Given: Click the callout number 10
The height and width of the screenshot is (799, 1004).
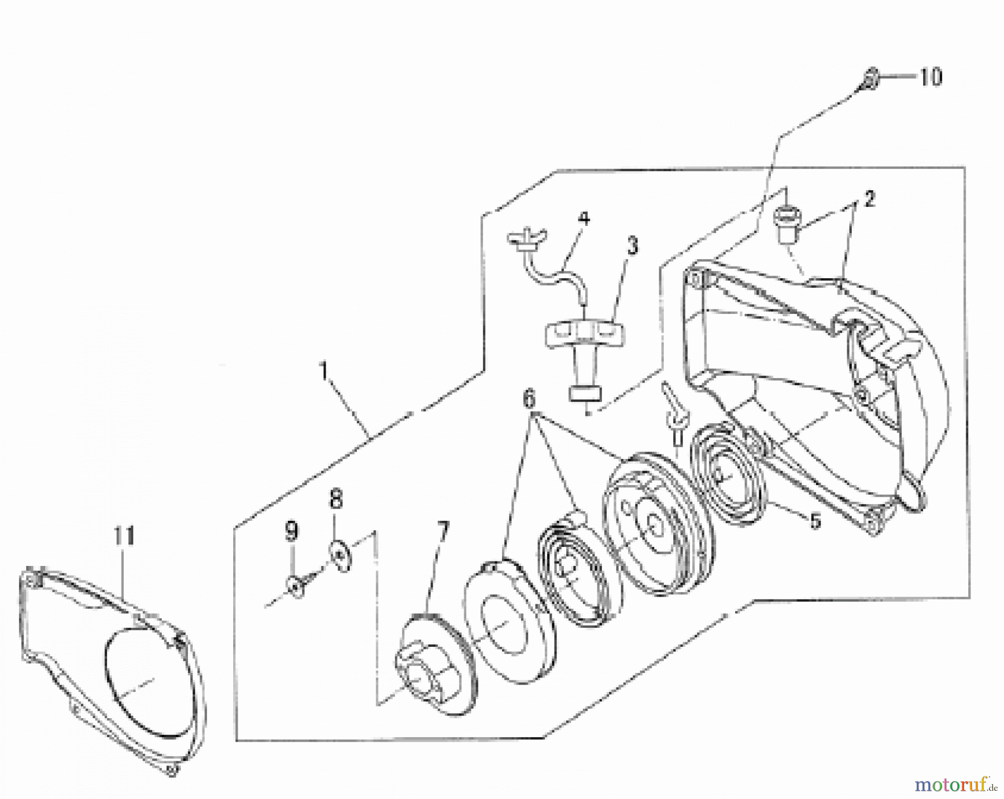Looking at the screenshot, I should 930,77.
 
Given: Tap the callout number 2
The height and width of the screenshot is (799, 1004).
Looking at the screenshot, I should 869,199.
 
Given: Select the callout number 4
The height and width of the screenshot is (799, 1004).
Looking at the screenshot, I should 583,219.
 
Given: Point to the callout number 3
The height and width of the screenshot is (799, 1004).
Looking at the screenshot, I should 631,245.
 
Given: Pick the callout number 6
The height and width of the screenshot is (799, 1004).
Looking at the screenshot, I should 528,399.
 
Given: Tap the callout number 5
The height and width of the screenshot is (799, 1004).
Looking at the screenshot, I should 815,521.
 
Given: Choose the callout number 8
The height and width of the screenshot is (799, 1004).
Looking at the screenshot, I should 336,500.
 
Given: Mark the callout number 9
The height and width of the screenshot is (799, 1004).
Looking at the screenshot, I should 291,531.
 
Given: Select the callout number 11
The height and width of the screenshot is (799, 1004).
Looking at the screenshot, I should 124,536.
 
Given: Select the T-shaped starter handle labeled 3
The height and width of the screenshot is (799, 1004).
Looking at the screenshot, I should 585,346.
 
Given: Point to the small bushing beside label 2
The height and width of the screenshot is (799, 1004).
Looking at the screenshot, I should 787,222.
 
